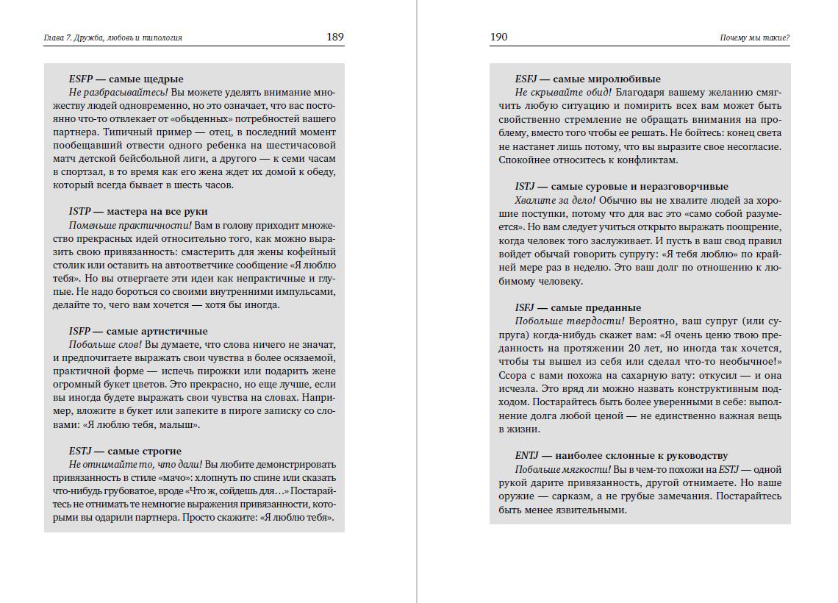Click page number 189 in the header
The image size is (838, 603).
335,37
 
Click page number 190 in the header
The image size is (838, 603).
498,37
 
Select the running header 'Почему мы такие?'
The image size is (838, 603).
755,38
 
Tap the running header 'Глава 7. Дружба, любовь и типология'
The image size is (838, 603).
113,38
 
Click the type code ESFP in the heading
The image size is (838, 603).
79,79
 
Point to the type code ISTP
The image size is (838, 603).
79,212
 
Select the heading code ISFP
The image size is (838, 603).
79,331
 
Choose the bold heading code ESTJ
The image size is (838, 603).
80,451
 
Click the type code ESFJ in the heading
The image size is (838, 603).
526,79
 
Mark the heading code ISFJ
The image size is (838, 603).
526,307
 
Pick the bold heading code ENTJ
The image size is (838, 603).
527,455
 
